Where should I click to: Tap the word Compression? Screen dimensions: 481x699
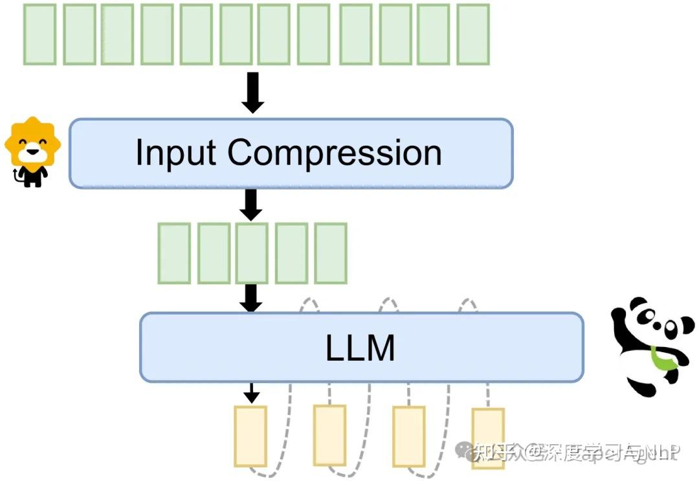pyautogui.click(x=334, y=153)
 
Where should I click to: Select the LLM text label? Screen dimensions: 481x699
pyautogui.click(x=360, y=348)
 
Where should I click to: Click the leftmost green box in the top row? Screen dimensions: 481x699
pyautogui.click(x=39, y=34)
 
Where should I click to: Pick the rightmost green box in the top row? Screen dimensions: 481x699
pyautogui.click(x=472, y=34)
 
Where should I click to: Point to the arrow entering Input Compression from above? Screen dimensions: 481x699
pyautogui.click(x=252, y=93)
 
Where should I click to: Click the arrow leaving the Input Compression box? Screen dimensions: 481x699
pyautogui.click(x=250, y=204)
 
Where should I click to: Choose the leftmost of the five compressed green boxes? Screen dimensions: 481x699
pyautogui.click(x=174, y=253)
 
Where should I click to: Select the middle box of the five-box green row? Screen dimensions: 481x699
pyautogui.click(x=252, y=253)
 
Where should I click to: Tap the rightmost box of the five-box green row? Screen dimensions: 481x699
pyautogui.click(x=330, y=253)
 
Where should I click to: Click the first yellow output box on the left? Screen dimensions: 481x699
pyautogui.click(x=250, y=436)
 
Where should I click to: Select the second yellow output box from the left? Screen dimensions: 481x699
pyautogui.click(x=329, y=434)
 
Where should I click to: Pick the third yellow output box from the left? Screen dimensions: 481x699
pyautogui.click(x=408, y=436)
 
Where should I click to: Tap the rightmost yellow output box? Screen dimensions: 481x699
pyautogui.click(x=487, y=438)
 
